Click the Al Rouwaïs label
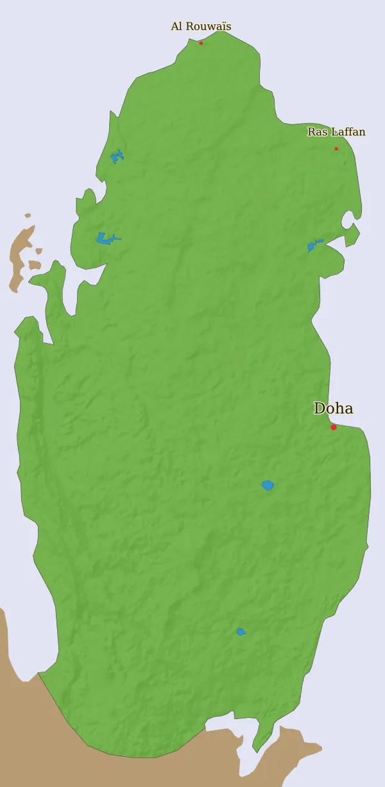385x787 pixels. point(201,27)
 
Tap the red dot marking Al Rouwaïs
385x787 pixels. point(201,44)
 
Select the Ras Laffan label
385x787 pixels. point(336,132)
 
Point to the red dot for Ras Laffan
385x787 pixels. point(336,149)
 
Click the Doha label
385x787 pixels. point(333,408)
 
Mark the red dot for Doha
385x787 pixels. point(334,427)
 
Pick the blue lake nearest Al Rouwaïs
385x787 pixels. point(117,156)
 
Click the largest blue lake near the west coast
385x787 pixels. point(105,238)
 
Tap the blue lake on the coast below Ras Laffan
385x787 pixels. point(312,246)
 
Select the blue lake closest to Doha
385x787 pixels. point(268,486)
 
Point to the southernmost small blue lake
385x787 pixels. point(241,632)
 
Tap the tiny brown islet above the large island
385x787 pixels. point(28,215)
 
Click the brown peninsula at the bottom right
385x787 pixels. point(289,750)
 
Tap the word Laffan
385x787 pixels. point(347,132)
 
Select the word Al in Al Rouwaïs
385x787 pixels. point(176,27)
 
